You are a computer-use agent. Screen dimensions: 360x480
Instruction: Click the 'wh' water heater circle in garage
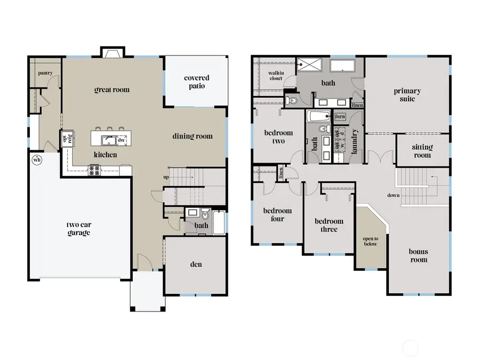37,159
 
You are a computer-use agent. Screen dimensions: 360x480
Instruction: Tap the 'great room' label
112,90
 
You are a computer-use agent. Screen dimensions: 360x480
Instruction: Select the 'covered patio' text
197,82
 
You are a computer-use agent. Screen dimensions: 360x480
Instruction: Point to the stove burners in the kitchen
94,170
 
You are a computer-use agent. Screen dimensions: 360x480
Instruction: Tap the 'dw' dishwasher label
122,140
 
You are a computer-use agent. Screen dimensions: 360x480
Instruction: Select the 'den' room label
196,264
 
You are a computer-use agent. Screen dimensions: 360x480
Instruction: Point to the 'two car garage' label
78,228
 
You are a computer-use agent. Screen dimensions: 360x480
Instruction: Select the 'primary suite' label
407,94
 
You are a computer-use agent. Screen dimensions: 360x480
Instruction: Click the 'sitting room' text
422,151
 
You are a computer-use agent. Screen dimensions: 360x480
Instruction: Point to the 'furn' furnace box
340,116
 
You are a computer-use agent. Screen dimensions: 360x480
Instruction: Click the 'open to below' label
371,241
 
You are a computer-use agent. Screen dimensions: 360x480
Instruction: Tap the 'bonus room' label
418,255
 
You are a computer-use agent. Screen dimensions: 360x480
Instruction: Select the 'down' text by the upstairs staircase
394,195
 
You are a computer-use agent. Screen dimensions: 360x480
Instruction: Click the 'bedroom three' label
329,225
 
